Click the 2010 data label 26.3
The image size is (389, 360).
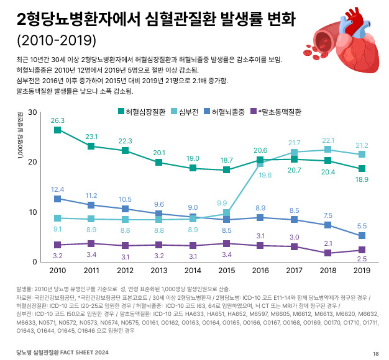point(58,120)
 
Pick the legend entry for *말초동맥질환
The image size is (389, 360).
point(274,112)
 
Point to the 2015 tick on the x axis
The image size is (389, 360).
point(227,271)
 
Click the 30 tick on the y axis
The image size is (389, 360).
point(33,112)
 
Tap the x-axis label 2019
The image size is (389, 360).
point(360,271)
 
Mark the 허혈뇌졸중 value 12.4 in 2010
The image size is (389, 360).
point(58,189)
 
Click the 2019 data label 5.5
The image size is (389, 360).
point(360,226)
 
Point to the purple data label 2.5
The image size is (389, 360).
point(360,258)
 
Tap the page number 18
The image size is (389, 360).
point(375,353)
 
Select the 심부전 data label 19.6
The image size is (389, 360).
point(265,176)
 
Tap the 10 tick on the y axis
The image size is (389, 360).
point(33,212)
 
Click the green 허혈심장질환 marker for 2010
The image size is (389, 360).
point(58,130)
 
